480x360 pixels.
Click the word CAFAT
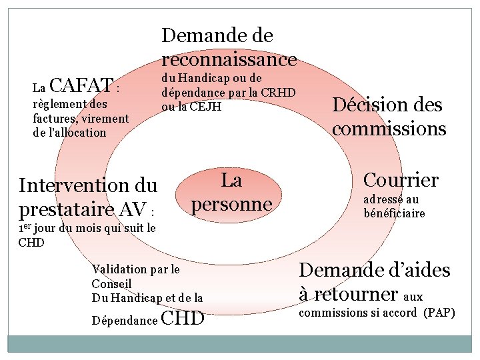click(80, 85)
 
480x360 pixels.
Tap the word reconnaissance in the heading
click(229, 59)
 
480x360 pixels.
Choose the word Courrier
click(400, 179)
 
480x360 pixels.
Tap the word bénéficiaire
click(394, 213)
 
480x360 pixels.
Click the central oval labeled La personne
click(231, 191)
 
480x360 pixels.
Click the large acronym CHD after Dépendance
click(183, 319)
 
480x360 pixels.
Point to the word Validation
click(120, 269)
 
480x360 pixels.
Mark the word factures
click(52, 119)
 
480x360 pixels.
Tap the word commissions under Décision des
click(389, 128)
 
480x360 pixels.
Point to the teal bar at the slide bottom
click(239, 343)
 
